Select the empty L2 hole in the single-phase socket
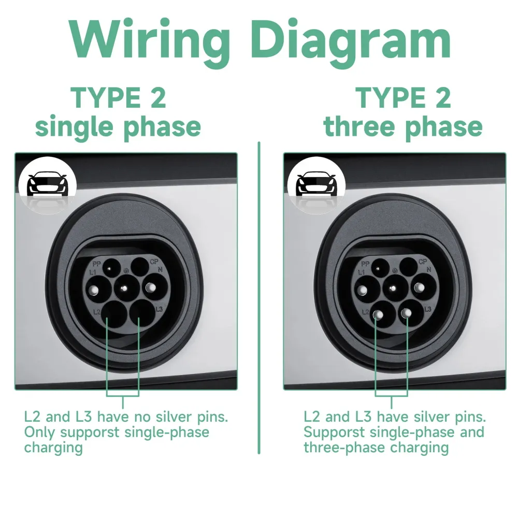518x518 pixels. coord(111,312)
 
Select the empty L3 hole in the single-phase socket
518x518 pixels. coord(139,312)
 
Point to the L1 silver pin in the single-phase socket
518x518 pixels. coord(97,286)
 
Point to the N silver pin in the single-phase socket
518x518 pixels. coord(153,286)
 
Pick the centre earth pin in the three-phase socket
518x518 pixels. coord(394,285)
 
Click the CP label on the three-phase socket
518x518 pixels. coord(423,262)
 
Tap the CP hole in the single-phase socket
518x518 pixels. coord(139,267)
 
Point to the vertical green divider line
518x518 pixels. coord(259,295)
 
